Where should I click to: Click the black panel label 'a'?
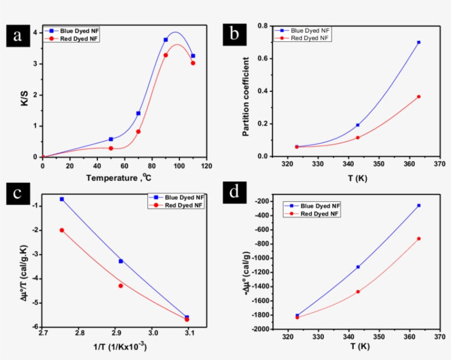click(x=18, y=36)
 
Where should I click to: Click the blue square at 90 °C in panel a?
click(x=166, y=40)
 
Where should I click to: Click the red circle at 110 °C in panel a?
click(x=193, y=63)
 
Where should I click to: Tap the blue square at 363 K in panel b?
click(x=419, y=42)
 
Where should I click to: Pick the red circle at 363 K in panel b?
click(x=419, y=97)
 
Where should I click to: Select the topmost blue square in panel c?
click(x=62, y=199)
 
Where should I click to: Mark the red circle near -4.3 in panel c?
click(x=120, y=286)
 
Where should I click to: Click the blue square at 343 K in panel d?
click(x=358, y=267)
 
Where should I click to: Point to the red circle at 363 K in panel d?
click(x=419, y=239)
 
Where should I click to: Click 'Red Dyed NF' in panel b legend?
click(x=310, y=38)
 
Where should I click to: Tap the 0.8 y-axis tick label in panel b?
click(x=262, y=26)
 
